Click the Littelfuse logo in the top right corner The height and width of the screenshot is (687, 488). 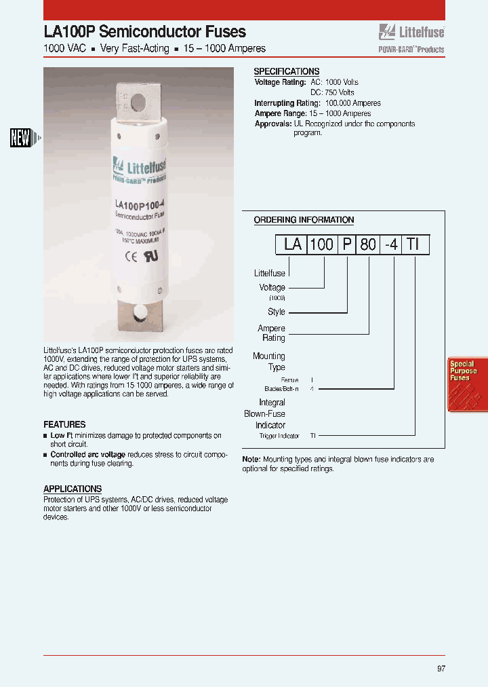point(411,31)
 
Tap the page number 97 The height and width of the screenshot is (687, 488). point(441,669)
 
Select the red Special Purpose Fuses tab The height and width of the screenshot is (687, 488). point(466,384)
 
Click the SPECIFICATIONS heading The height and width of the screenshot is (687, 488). point(286,71)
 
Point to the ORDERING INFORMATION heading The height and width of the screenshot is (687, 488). point(304,220)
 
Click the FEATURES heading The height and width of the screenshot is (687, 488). point(64,424)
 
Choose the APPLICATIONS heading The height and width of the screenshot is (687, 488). point(73,489)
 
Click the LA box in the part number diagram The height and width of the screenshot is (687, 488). point(292,244)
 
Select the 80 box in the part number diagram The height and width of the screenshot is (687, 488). point(368,244)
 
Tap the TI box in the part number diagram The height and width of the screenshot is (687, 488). point(415,244)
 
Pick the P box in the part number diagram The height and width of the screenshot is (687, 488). point(347,244)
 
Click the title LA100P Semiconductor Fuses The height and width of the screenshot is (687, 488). point(144,31)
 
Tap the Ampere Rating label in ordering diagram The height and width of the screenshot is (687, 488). point(272,333)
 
